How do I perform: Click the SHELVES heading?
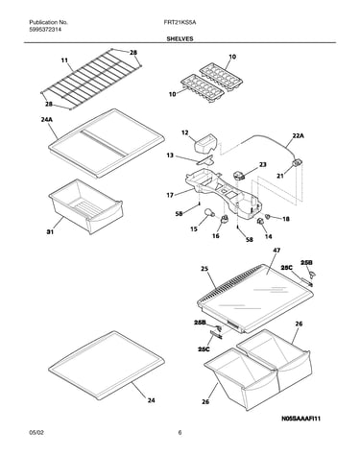point(180,38)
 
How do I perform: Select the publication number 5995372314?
point(45,30)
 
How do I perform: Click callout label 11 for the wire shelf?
point(64,60)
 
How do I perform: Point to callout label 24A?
point(46,120)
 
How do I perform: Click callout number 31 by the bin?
point(50,231)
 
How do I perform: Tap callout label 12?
point(185,132)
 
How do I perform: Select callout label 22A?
point(298,136)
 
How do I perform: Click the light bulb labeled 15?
point(209,212)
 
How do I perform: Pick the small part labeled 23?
point(239,176)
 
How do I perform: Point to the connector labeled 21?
point(297,163)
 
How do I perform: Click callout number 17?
point(170,195)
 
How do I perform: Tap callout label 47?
point(276,251)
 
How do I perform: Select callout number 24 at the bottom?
point(151,400)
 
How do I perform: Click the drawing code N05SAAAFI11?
point(301,419)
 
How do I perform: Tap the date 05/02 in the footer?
point(36,433)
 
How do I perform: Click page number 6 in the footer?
point(180,433)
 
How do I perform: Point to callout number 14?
point(269,236)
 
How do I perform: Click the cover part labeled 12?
point(204,144)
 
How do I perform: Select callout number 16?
point(216,236)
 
